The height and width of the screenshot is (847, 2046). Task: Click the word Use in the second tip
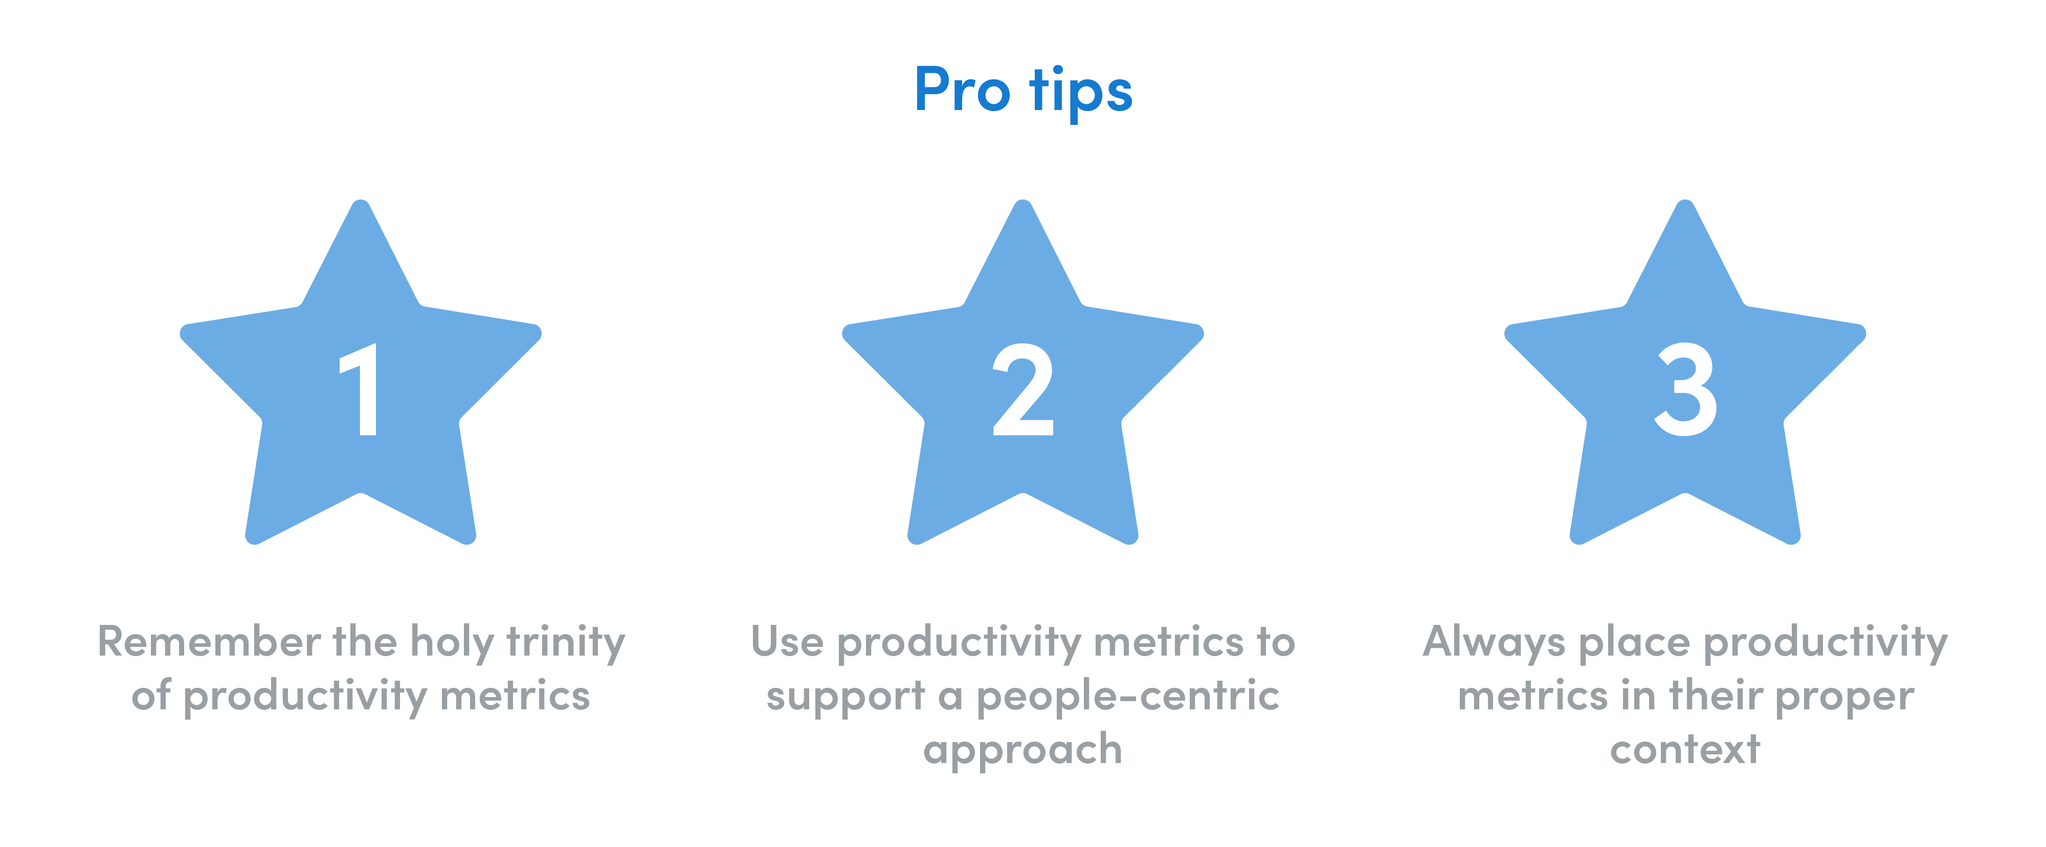click(786, 641)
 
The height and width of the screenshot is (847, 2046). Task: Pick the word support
click(845, 698)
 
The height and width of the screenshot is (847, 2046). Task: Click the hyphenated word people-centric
click(1128, 698)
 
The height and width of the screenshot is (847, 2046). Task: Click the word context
click(1685, 750)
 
